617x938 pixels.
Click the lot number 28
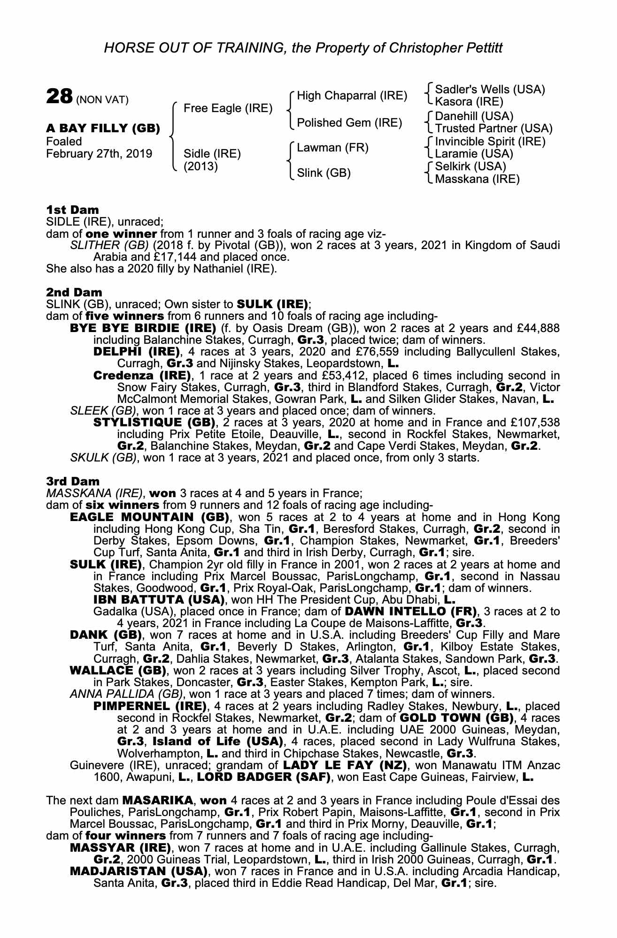tap(59, 97)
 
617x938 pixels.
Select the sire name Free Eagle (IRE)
tap(228, 108)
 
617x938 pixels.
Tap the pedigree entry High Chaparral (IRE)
tap(352, 96)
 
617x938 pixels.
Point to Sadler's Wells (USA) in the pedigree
tap(490, 89)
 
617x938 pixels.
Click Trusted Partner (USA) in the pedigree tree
tap(494, 129)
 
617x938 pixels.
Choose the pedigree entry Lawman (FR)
tap(332, 148)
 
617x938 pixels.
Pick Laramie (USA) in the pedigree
tap(474, 154)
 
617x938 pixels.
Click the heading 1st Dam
tap(72, 209)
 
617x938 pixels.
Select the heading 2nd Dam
tap(74, 293)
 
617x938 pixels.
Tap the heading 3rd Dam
tap(73, 481)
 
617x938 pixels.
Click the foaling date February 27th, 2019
tap(99, 154)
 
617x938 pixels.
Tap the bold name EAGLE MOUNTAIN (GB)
tap(149, 517)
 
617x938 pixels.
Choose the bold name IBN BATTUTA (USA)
tap(158, 599)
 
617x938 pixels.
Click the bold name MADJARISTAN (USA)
tap(139, 871)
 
